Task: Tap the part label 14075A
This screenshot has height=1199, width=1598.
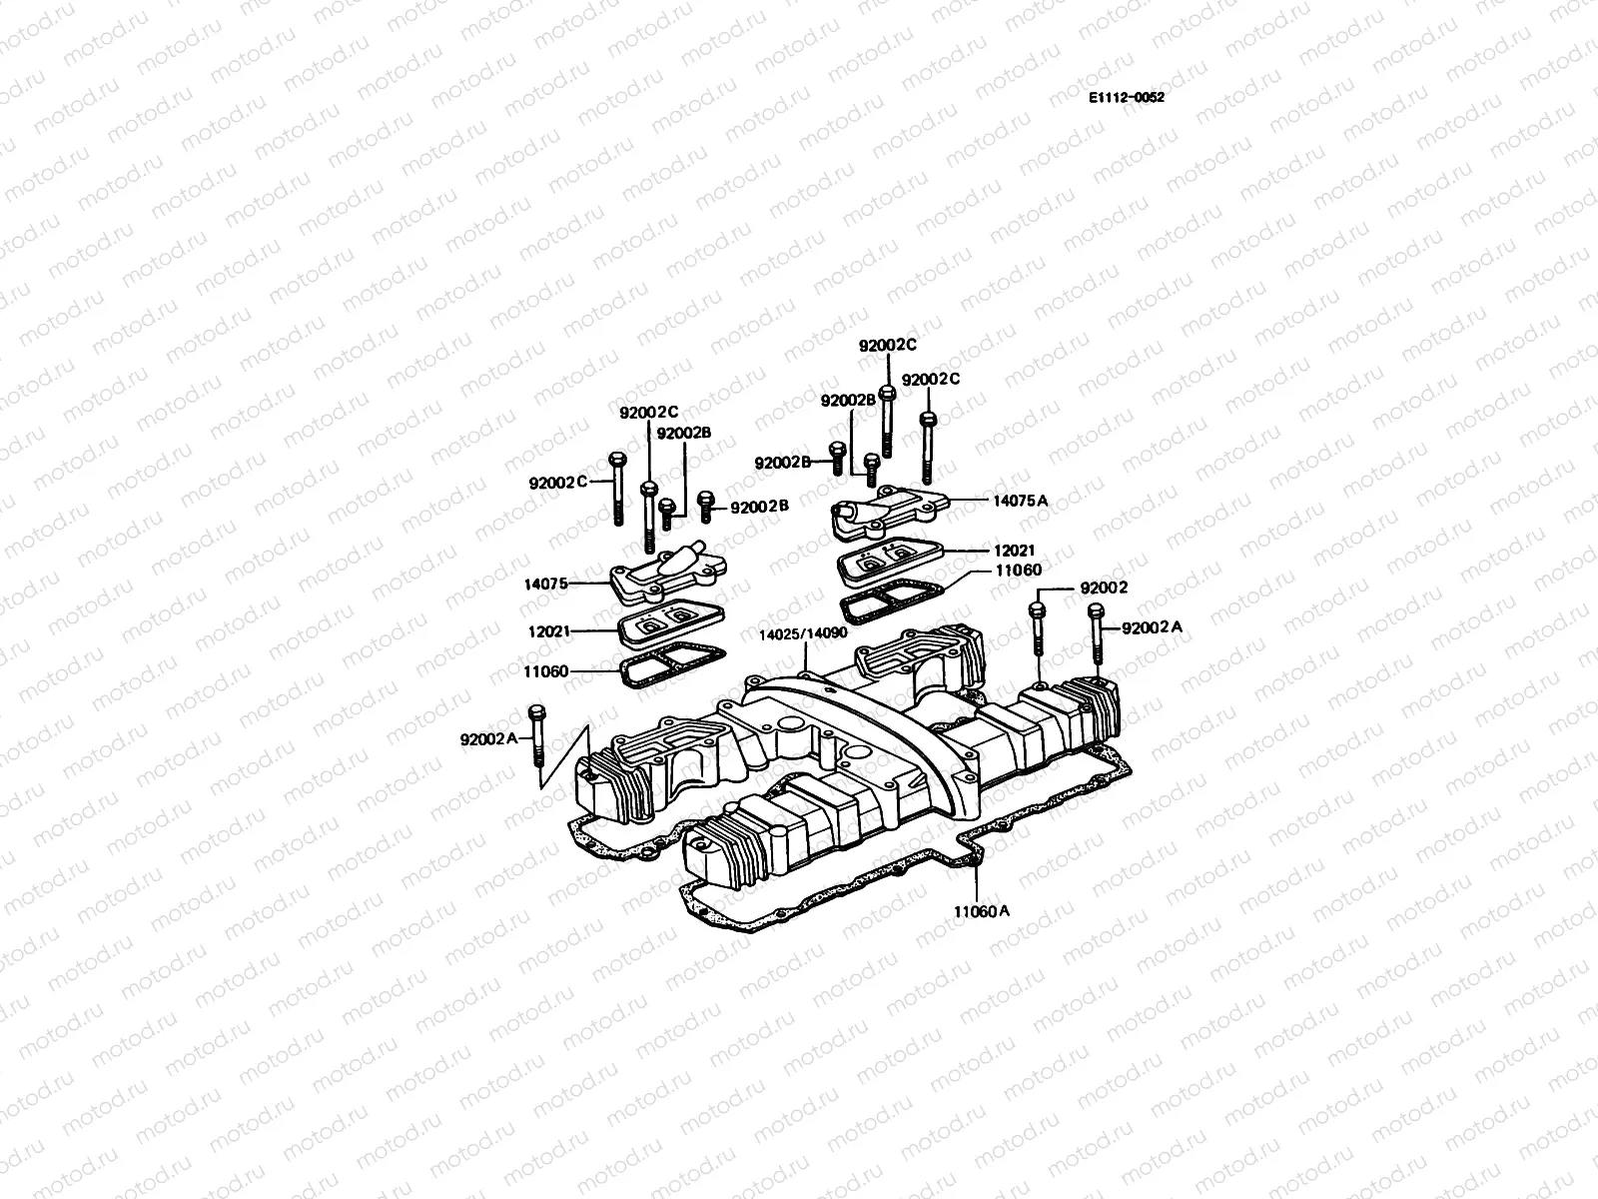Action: pos(1020,500)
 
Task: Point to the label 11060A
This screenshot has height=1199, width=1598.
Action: pos(981,911)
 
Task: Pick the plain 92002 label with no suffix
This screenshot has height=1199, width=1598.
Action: pos(1104,589)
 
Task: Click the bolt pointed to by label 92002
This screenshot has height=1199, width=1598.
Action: pos(1040,627)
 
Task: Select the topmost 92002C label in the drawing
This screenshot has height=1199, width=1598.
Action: pos(888,345)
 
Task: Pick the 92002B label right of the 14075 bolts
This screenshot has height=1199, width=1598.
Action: pos(760,507)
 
